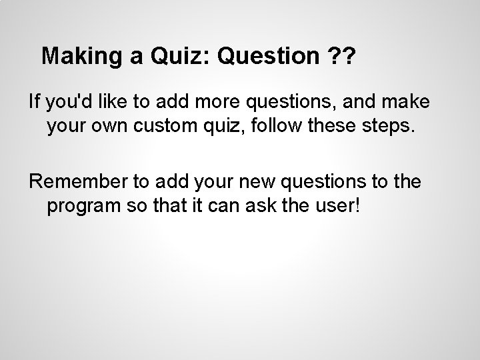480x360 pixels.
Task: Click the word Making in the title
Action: click(78, 57)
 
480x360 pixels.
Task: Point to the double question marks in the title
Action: click(341, 57)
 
